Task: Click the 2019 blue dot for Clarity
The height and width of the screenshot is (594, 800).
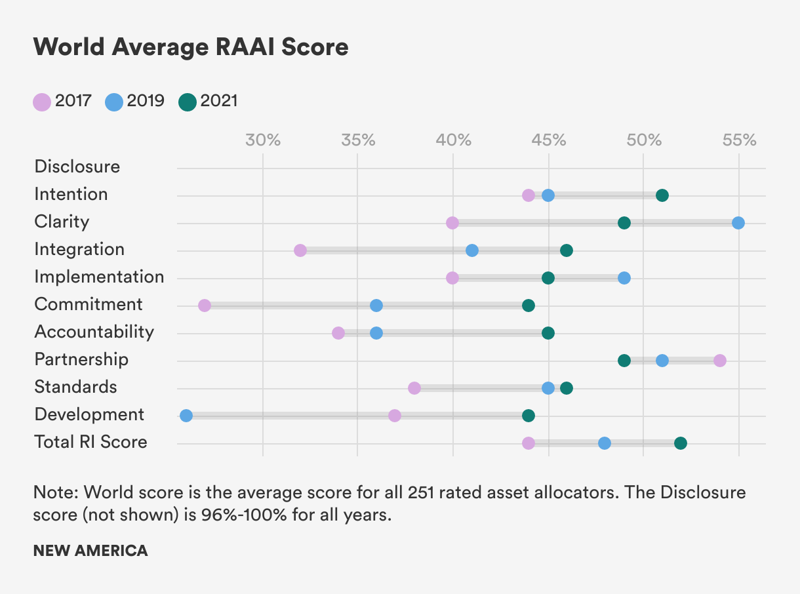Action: [x=738, y=223]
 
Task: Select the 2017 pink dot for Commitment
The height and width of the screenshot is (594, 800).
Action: [x=205, y=306]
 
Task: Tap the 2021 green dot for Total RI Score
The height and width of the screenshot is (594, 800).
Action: [x=681, y=443]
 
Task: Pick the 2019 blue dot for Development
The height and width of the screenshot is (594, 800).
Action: [x=186, y=416]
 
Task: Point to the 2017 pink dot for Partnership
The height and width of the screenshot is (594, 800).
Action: [x=720, y=361]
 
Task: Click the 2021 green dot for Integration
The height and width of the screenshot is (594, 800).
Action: [x=567, y=250]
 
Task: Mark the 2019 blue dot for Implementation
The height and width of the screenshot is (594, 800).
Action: [x=624, y=278]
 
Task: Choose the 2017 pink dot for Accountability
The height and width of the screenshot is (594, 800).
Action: [x=338, y=333]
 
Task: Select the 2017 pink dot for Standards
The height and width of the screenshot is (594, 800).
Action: [x=414, y=388]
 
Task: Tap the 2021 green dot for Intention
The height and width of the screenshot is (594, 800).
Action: [x=662, y=195]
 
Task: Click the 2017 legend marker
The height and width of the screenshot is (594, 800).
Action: [x=42, y=102]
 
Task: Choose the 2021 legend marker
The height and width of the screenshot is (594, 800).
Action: [x=188, y=102]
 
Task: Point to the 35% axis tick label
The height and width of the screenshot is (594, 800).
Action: [x=358, y=140]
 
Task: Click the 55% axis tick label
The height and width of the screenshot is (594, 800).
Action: [x=739, y=140]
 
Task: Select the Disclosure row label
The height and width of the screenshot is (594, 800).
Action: [x=77, y=167]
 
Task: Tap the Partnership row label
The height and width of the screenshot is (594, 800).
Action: [x=81, y=359]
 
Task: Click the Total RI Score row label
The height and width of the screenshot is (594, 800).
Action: [x=90, y=442]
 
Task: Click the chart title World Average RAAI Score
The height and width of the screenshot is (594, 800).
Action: [x=190, y=47]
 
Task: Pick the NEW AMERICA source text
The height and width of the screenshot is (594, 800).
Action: [x=90, y=551]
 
